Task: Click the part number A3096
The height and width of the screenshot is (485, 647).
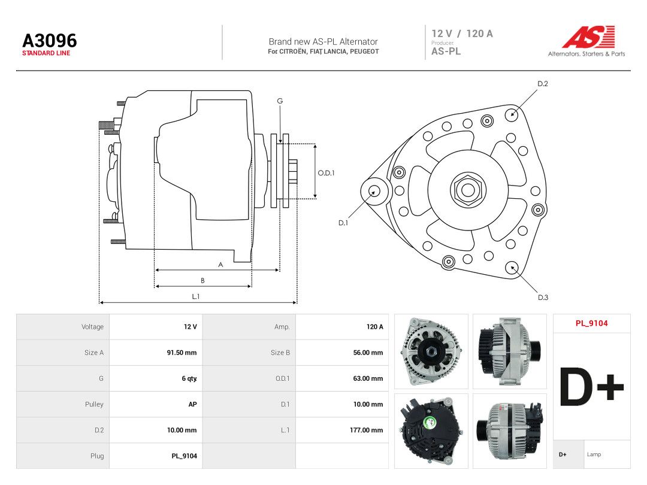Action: (x=50, y=41)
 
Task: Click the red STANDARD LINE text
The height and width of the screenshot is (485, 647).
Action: (x=46, y=53)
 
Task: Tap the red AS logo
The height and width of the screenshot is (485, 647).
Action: (x=589, y=37)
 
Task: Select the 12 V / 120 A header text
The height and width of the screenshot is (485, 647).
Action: (x=462, y=34)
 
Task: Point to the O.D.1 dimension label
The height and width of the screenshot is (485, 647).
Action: (x=326, y=173)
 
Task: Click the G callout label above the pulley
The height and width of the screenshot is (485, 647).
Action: (x=280, y=101)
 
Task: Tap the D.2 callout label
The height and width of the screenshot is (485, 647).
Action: (x=543, y=84)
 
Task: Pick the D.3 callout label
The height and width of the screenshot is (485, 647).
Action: (x=543, y=298)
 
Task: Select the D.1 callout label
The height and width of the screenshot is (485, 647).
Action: (x=343, y=223)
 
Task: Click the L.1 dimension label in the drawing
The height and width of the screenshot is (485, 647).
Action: (x=195, y=296)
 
